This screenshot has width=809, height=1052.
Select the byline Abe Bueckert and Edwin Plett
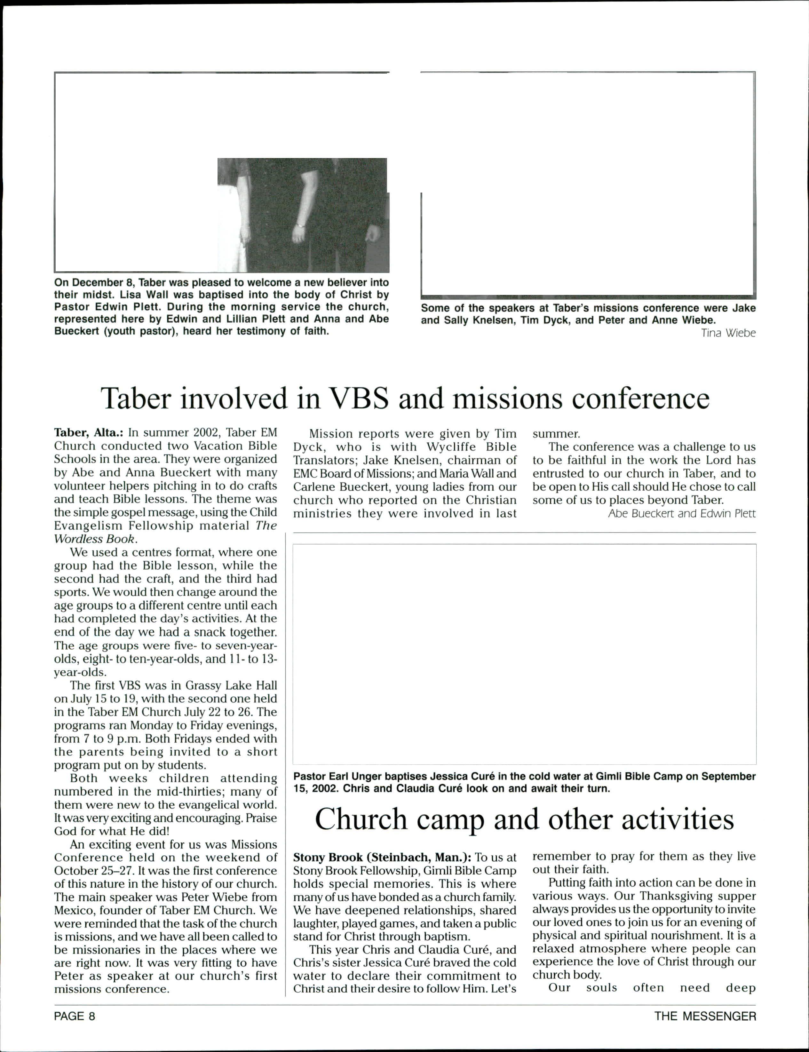[682, 514]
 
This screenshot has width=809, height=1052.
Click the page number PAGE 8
[75, 1016]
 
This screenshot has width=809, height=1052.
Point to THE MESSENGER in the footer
[705, 1016]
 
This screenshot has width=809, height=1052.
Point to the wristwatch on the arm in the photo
[299, 225]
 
